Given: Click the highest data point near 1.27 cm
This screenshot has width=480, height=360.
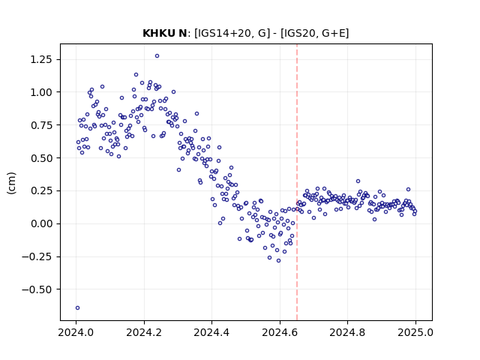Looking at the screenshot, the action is tap(157, 56).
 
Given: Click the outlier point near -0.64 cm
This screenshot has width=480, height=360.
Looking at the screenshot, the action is tap(77, 308).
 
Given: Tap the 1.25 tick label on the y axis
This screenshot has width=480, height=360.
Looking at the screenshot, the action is tap(41, 59).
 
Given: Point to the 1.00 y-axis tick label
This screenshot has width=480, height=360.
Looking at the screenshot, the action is tap(41, 92).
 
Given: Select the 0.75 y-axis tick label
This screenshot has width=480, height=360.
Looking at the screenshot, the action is tap(41, 125).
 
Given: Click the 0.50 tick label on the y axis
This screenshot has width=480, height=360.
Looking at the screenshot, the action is tap(41, 158).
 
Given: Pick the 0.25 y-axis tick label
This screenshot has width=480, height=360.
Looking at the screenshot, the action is tap(41, 190).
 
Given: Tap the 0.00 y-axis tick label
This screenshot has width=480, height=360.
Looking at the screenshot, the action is tap(41, 223).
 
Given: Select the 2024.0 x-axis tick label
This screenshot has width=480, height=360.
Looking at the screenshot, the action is tap(76, 332).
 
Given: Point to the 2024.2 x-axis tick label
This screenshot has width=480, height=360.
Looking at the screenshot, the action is tap(144, 332).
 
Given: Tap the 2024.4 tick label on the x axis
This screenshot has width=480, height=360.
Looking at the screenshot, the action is tap(211, 332).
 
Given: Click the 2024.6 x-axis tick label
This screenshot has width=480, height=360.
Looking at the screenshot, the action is tap(280, 332).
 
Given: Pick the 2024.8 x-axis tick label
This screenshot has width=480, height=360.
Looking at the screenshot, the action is tap(347, 332).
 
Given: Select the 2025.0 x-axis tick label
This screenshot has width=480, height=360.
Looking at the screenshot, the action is tap(415, 332).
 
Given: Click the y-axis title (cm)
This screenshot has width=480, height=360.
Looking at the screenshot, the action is tap(11, 183).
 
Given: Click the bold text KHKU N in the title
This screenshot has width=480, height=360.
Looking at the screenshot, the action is tap(165, 33).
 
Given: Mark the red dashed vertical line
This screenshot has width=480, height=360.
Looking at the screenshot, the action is tap(297, 182).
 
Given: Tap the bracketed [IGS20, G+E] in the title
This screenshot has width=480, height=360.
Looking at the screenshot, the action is tap(315, 33).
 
